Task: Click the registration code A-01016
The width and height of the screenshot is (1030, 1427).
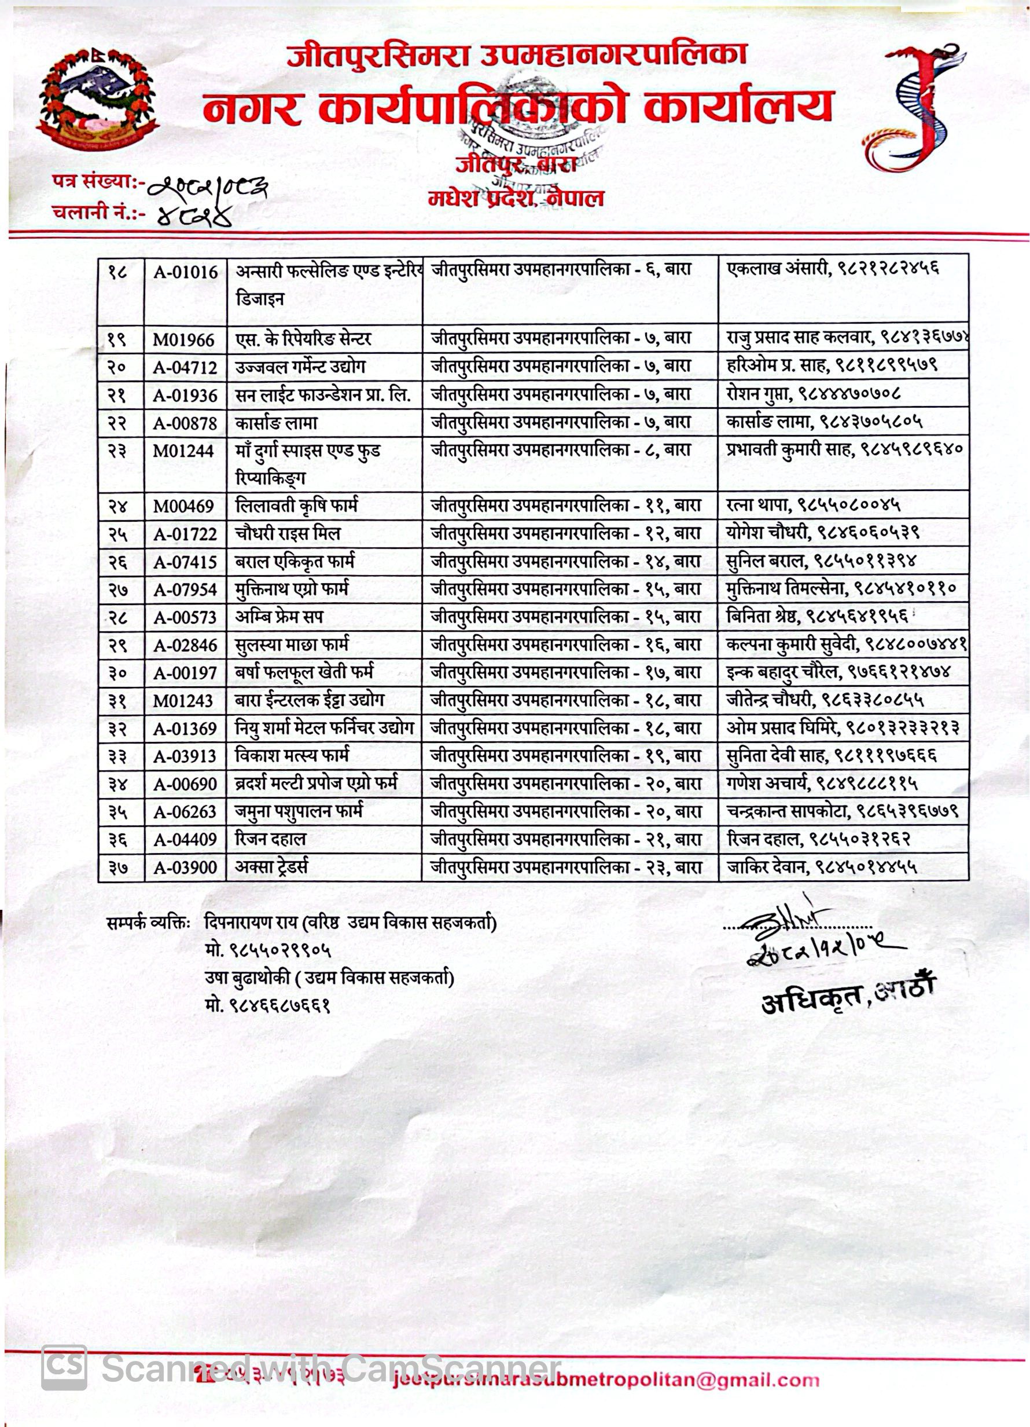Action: [x=186, y=272]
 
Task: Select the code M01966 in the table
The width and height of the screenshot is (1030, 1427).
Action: [x=183, y=341]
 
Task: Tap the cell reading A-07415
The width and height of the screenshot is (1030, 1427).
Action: [x=185, y=562]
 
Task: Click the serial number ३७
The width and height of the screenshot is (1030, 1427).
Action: [x=117, y=868]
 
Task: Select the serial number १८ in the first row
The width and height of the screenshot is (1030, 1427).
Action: [x=117, y=272]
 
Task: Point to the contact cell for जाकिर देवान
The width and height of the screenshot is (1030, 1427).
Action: [x=821, y=867]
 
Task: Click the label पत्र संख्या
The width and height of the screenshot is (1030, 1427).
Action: [x=94, y=182]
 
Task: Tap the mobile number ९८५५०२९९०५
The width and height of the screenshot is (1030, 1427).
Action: [x=268, y=950]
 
